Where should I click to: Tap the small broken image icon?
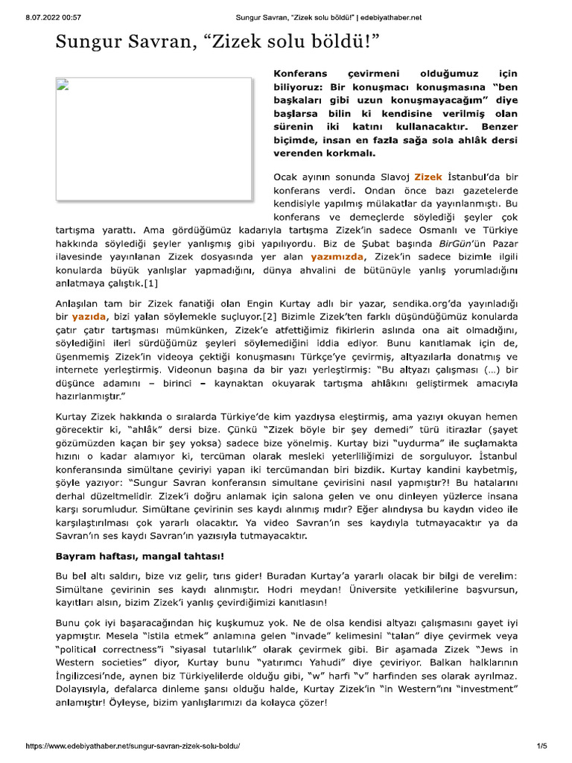pyautogui.click(x=63, y=83)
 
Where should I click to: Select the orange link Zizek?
pyautogui.click(x=428, y=177)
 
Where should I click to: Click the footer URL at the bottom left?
pyautogui.click(x=133, y=746)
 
